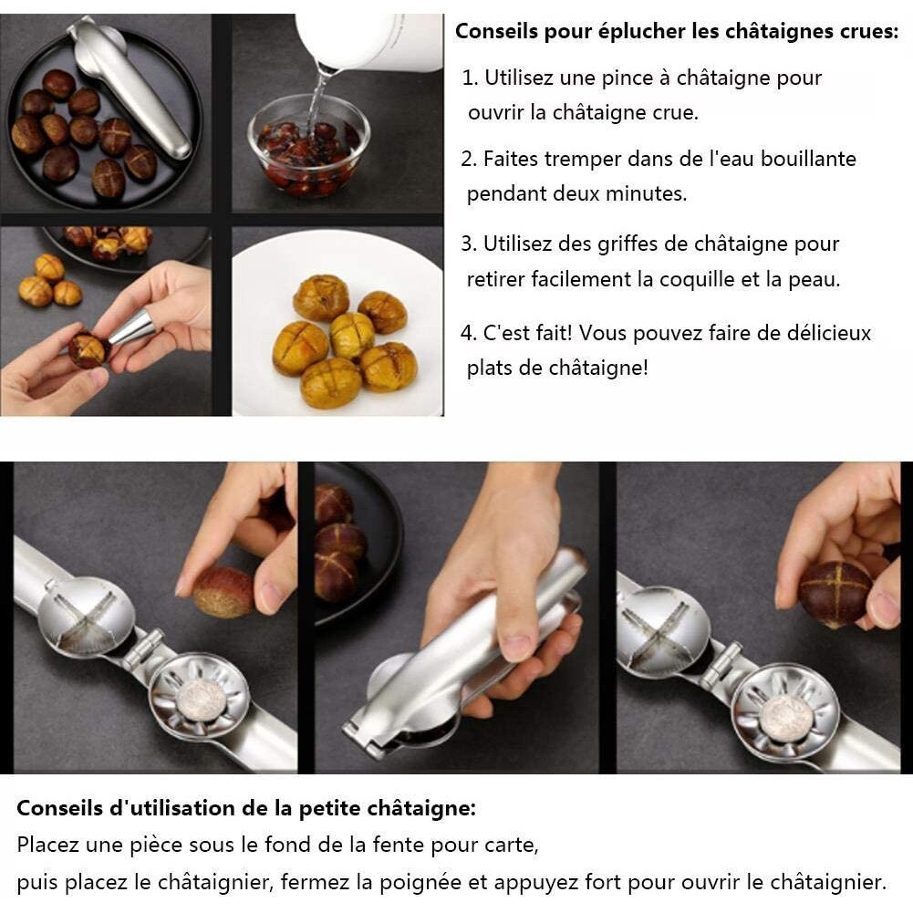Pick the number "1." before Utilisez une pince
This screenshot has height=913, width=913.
[470, 78]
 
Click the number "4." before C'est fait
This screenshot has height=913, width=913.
[469, 333]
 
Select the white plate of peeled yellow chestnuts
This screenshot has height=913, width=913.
[337, 324]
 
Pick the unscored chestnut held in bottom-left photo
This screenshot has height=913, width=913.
[223, 593]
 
